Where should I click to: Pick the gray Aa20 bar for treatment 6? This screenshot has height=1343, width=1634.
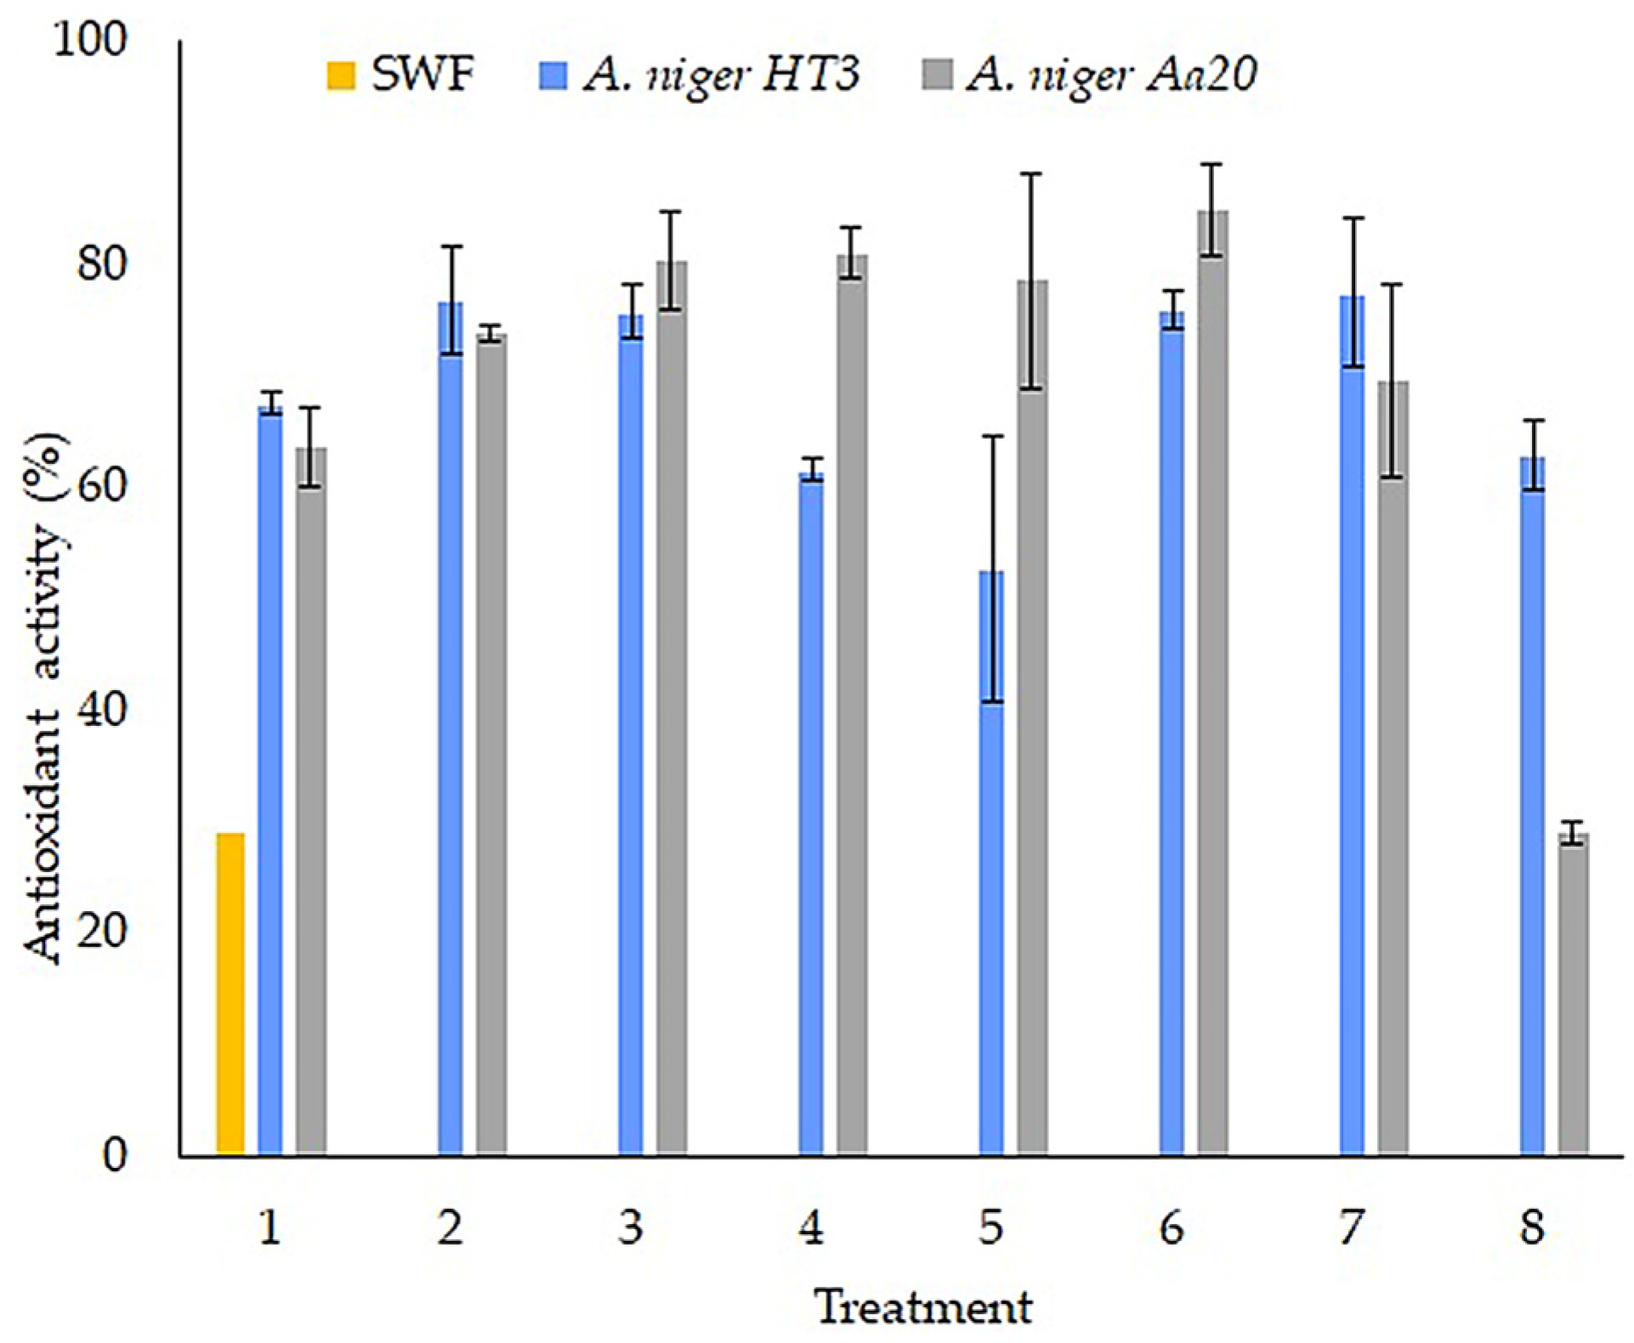(1213, 680)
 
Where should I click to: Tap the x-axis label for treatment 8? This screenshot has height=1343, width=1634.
(1532, 1227)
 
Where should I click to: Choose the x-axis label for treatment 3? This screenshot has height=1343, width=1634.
(630, 1227)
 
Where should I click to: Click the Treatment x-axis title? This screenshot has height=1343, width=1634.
(924, 1306)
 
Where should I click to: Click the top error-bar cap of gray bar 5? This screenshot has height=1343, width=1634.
(1031, 174)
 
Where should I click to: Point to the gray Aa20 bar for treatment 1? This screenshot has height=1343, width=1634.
(311, 799)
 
